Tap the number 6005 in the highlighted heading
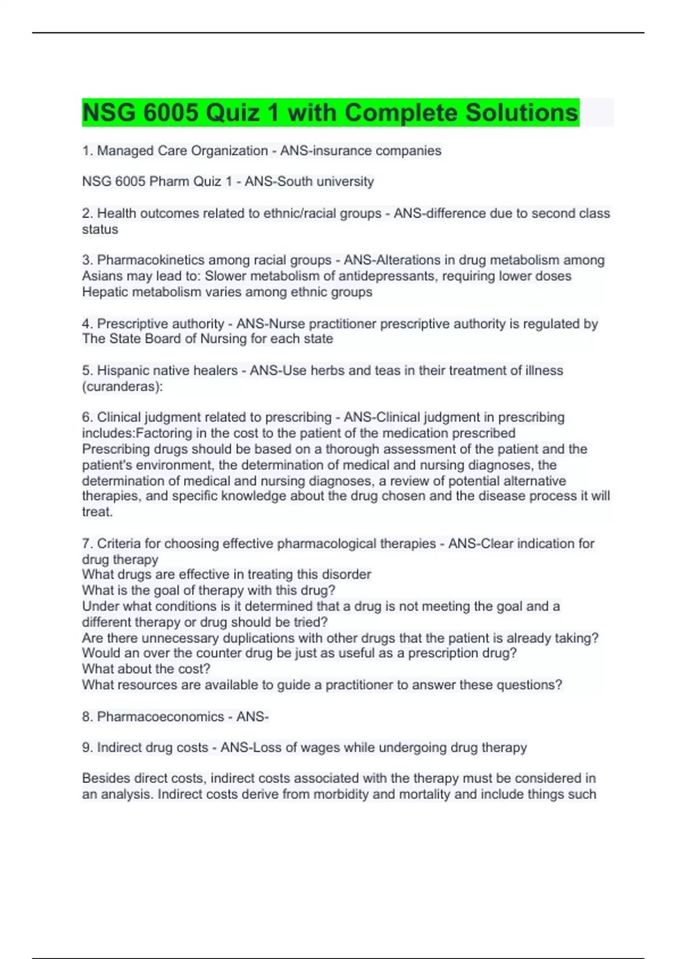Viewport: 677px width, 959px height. pos(170,113)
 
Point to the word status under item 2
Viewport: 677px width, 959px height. pos(100,230)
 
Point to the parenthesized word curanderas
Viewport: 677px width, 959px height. pos(122,386)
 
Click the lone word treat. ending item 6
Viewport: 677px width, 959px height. pos(97,512)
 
